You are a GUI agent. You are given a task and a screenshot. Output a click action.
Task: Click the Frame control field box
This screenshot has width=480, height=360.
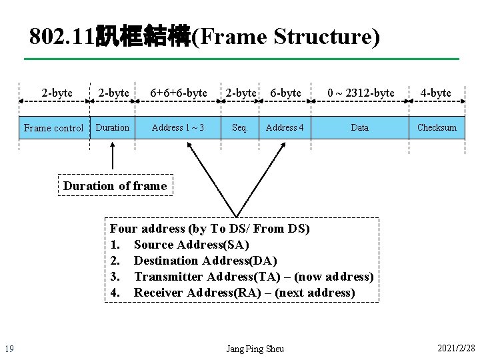click(x=54, y=127)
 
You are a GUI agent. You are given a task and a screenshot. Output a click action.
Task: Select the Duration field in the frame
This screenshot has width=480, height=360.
click(x=113, y=127)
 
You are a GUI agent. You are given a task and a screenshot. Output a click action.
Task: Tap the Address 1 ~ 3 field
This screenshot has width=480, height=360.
click(x=178, y=127)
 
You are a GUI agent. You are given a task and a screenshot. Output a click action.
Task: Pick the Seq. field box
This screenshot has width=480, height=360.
click(x=239, y=127)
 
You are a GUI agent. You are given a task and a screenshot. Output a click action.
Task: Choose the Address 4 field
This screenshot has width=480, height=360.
click(x=285, y=127)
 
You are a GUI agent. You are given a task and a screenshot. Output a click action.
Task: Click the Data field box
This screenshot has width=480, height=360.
click(x=359, y=127)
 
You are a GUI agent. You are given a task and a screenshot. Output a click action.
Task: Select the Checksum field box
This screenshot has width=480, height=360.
click(x=437, y=127)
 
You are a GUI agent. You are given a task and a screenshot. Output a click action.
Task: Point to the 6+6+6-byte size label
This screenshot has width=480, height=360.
click(x=178, y=93)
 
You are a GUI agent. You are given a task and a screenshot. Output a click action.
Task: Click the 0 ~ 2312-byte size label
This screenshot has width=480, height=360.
click(x=361, y=93)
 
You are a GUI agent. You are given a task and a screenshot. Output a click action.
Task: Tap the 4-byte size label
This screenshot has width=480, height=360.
click(x=436, y=93)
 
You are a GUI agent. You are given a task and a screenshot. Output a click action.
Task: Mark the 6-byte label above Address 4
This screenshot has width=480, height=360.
click(x=285, y=93)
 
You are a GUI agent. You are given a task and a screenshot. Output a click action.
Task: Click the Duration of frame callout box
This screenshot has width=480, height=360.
click(x=115, y=186)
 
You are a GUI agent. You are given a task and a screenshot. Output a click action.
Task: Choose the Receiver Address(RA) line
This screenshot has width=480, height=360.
click(x=244, y=293)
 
